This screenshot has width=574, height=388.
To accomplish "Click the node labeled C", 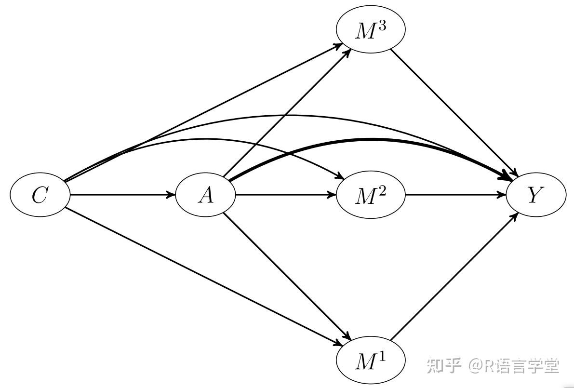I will point(40,195).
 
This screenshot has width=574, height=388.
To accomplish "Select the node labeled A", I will point(206,195).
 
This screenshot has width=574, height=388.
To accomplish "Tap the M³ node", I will point(370,30).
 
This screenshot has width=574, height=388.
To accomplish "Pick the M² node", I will point(370,195).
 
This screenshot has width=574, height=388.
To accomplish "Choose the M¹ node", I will point(370,361).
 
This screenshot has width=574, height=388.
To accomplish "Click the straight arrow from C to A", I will point(120,195).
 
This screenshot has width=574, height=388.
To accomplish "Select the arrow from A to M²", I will point(284,195).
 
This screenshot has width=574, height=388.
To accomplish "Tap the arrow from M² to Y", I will point(455,195).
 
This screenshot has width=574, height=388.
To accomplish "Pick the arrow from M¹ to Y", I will point(453,277).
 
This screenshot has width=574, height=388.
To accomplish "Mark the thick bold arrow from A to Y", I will point(366,140).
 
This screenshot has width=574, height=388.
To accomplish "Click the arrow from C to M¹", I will point(202,275).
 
